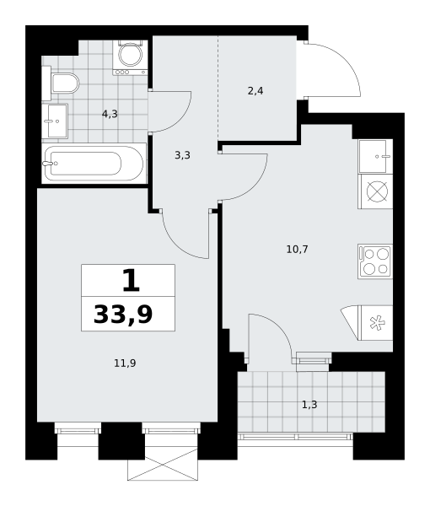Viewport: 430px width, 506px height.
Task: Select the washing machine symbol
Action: pyautogui.click(x=130, y=57)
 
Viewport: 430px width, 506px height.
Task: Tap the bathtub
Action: pyautogui.click(x=94, y=164)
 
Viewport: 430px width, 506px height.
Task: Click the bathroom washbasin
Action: pyautogui.click(x=55, y=121)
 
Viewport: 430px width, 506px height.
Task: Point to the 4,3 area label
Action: pyautogui.click(x=110, y=114)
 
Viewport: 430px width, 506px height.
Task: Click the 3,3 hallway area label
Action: pyautogui.click(x=183, y=155)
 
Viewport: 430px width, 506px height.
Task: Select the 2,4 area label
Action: pyautogui.click(x=255, y=91)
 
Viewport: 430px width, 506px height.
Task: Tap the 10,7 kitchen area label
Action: pyautogui.click(x=297, y=249)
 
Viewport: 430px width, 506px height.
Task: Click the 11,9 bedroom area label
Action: pyautogui.click(x=125, y=363)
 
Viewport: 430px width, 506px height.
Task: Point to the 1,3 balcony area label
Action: pyautogui.click(x=309, y=404)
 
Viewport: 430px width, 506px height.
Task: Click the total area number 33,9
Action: pyautogui.click(x=123, y=315)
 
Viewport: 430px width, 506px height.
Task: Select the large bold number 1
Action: pyautogui.click(x=132, y=280)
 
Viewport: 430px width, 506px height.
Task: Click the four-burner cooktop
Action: pyautogui.click(x=375, y=261)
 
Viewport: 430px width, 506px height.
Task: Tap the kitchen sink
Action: pyautogui.click(x=375, y=156)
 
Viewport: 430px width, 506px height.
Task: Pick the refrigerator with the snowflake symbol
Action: pyautogui.click(x=375, y=323)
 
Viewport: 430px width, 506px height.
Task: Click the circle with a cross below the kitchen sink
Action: pyautogui.click(x=377, y=191)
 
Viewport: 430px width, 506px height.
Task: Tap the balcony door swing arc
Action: pyautogui.click(x=281, y=326)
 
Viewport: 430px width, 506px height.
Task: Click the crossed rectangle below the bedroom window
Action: pyautogui.click(x=163, y=465)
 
